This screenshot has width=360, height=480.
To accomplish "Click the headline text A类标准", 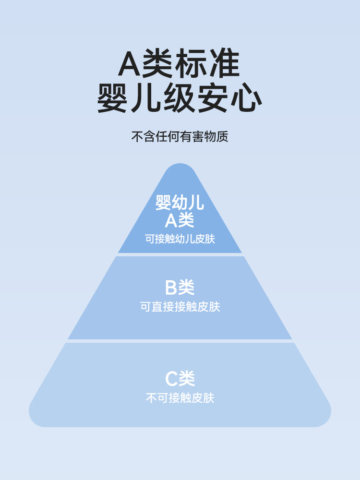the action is click(180, 64).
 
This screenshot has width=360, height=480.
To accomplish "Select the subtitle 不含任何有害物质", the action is click(180, 136).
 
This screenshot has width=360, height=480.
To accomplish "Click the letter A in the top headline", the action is click(130, 64).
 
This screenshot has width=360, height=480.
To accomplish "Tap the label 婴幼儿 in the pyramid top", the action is click(180, 203).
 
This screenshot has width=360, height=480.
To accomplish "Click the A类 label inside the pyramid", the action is click(180, 220).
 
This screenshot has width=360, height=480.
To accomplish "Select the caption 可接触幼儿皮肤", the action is click(180, 239).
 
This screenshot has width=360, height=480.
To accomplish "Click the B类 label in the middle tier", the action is click(180, 288).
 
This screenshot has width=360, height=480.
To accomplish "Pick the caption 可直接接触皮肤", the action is click(180, 307).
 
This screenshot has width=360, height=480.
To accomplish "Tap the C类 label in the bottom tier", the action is click(180, 379).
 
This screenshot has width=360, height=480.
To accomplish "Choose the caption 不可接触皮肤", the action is click(180, 398).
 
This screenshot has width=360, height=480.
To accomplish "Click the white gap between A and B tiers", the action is click(180, 254).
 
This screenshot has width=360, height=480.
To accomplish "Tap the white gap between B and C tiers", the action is click(180, 341).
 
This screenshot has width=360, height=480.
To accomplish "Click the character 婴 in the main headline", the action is click(114, 99).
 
